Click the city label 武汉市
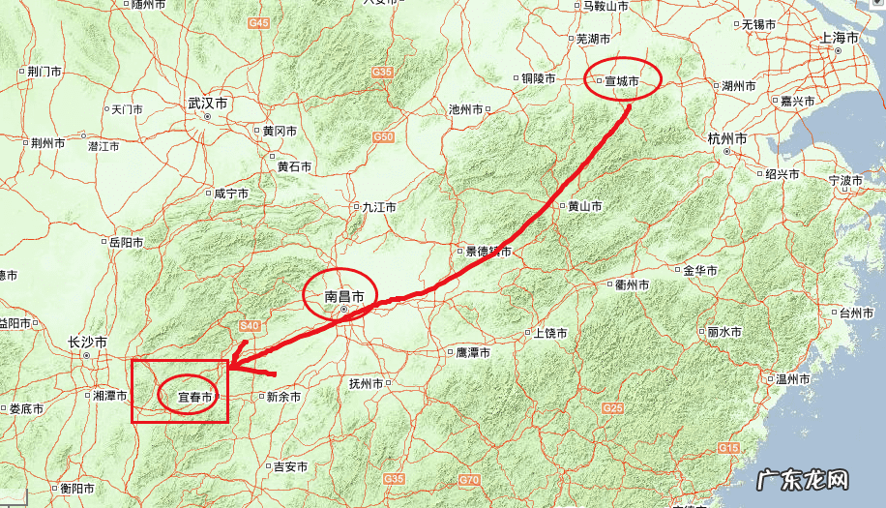pos(208,102)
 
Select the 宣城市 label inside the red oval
pos(623,81)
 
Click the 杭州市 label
pos(726,139)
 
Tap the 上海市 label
pos(840,38)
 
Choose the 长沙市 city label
pos(87,343)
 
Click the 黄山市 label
pos(584,206)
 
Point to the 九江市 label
pos(379,207)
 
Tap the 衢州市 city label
pos(632,284)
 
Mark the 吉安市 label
pos(289,466)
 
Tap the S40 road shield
pos(250,325)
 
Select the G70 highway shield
pos(470,479)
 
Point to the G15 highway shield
pos(728,447)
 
